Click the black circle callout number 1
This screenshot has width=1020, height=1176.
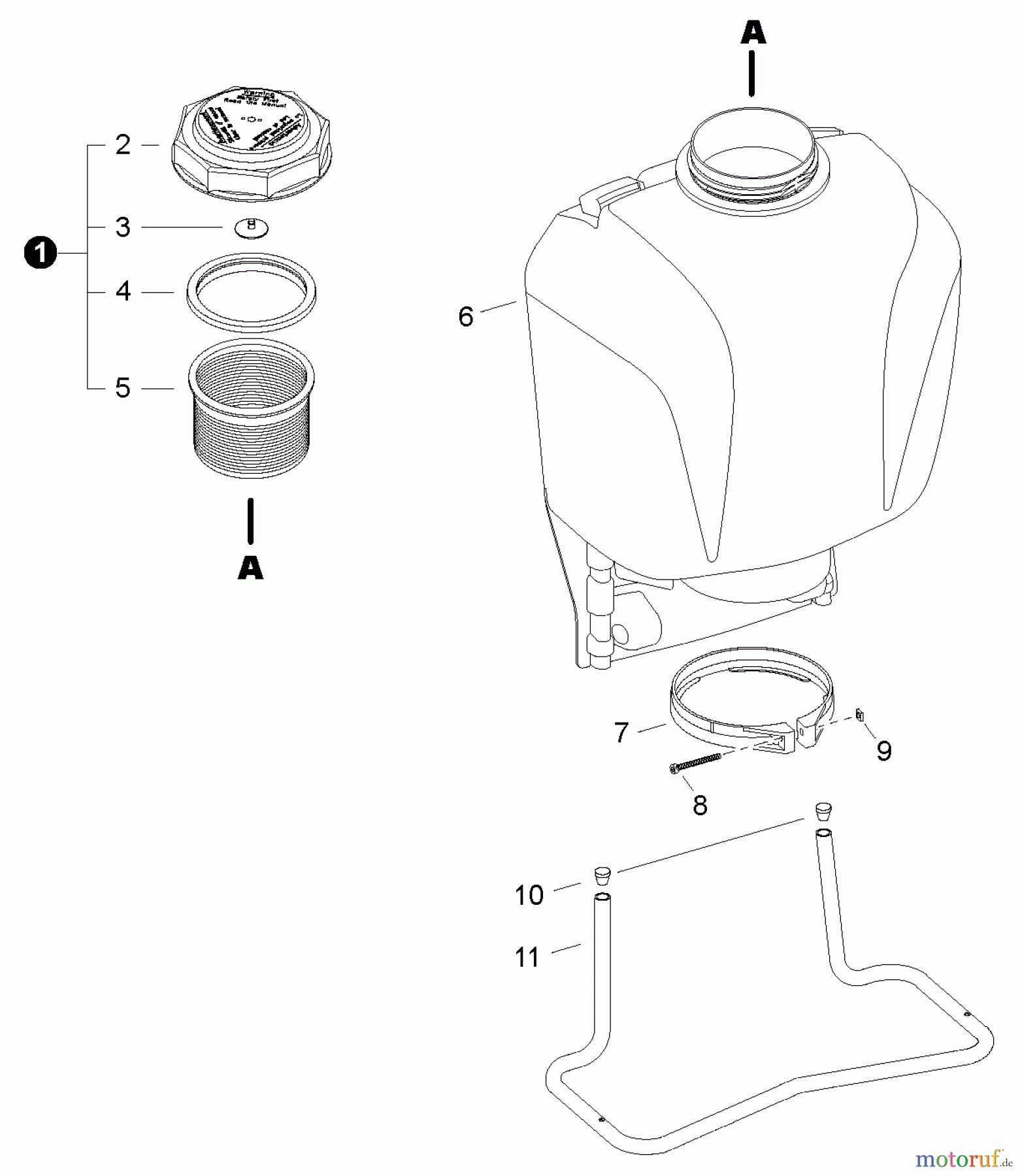click(x=41, y=253)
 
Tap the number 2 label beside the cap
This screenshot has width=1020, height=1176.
click(x=123, y=145)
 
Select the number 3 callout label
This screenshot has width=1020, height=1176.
click(x=123, y=227)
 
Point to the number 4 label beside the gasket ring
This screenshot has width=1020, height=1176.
click(x=123, y=291)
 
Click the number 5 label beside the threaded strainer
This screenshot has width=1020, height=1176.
click(x=123, y=388)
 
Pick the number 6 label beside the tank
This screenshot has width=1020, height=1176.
click(x=465, y=317)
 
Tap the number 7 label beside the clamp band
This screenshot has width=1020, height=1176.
click(x=621, y=732)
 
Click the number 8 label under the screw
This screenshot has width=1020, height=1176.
click(x=700, y=806)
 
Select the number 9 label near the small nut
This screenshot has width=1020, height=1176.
click(x=883, y=751)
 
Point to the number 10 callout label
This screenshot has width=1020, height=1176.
click(x=529, y=895)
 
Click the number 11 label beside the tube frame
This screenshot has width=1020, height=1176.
click(x=527, y=958)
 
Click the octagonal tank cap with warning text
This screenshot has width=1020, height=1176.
click(x=253, y=142)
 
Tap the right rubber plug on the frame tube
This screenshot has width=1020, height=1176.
click(x=824, y=812)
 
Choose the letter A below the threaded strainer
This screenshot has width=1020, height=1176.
click(x=250, y=568)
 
